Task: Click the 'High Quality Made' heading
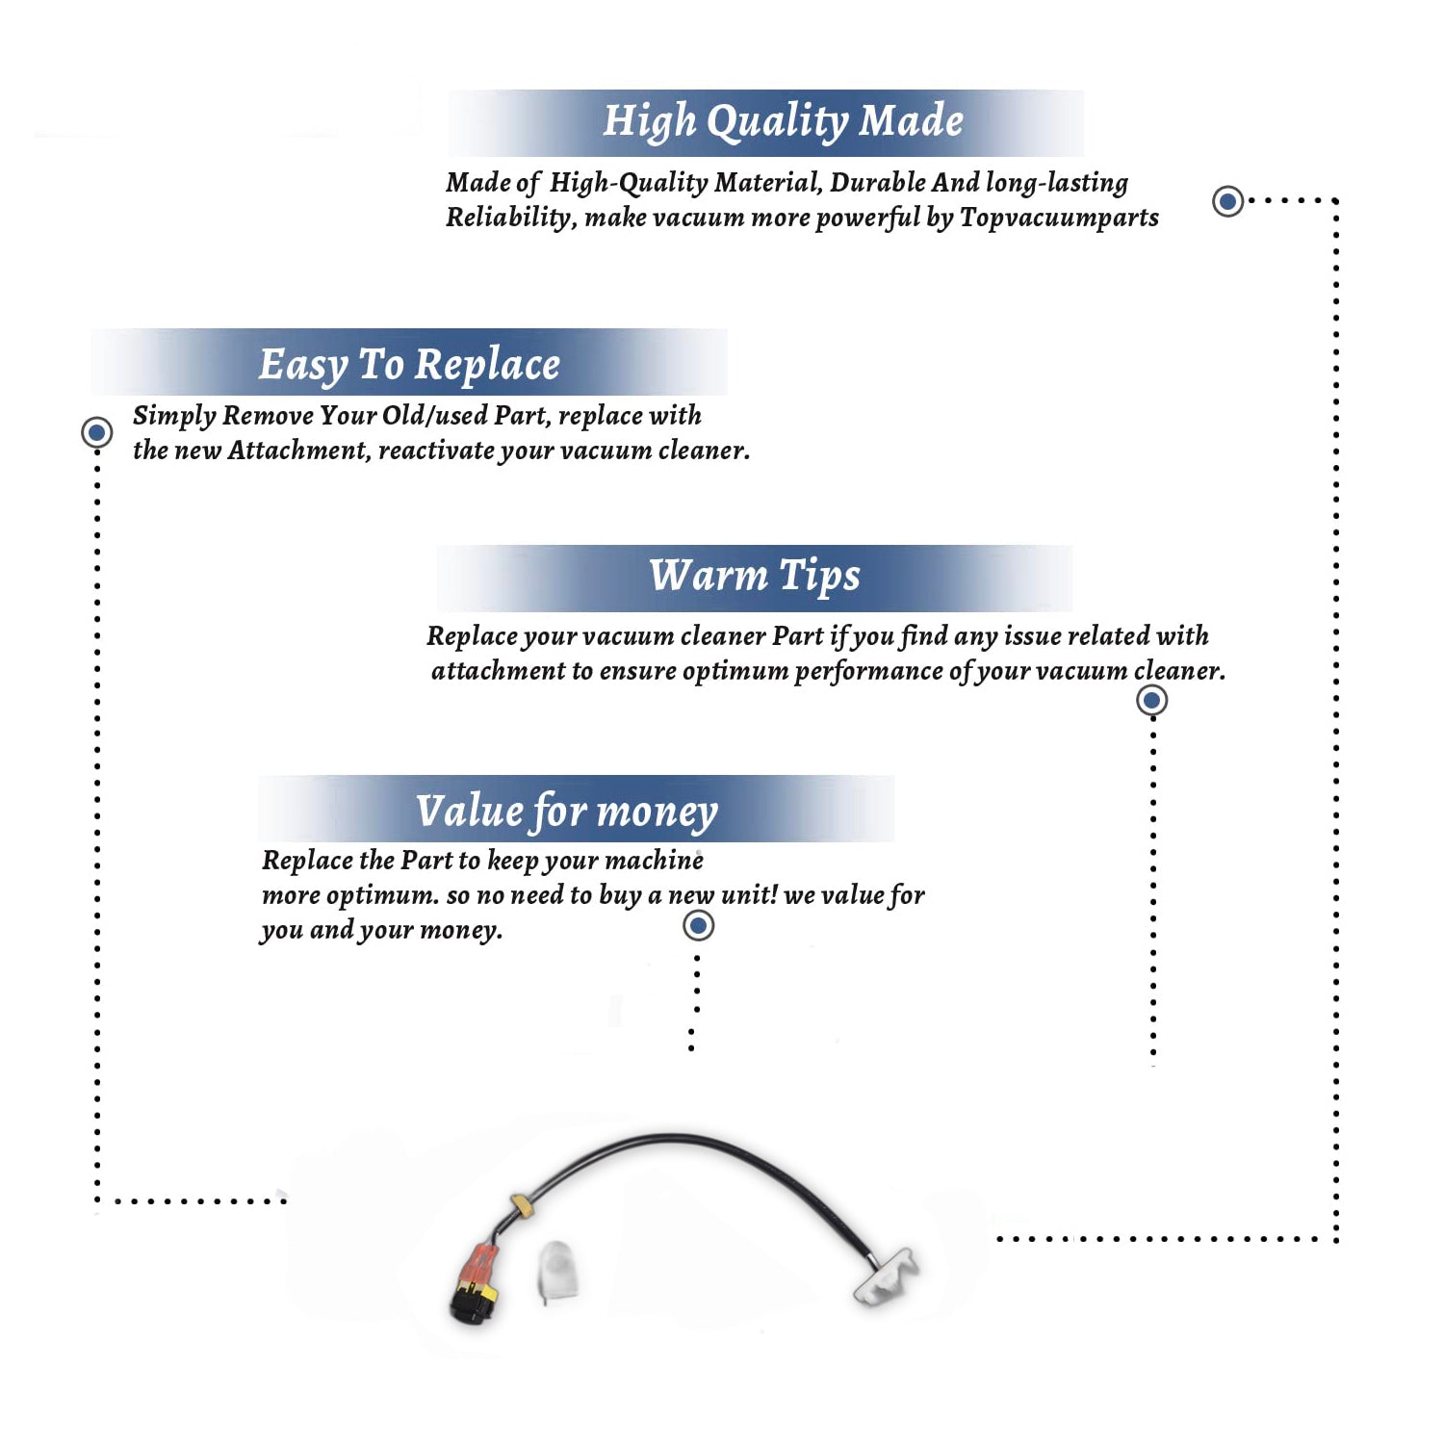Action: tap(783, 121)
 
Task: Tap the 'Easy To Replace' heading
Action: tap(409, 365)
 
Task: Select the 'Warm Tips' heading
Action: tap(754, 576)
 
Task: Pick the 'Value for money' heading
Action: tap(567, 811)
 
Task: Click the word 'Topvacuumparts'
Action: tap(1059, 218)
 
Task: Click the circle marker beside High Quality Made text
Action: tap(1227, 201)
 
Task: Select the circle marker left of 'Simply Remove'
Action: tap(96, 432)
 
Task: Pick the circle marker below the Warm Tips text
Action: tap(1152, 700)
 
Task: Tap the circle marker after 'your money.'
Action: tap(698, 926)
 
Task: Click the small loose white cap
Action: tap(557, 1271)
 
